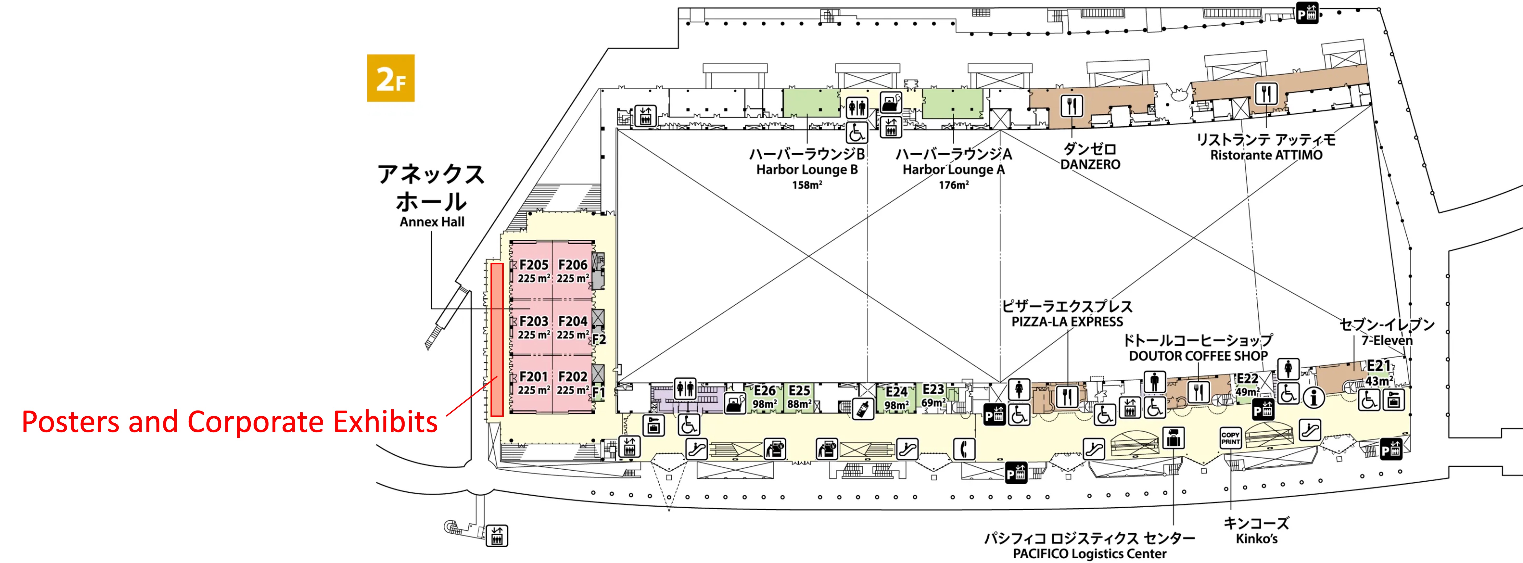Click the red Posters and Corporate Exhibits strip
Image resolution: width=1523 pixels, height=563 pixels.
(x=497, y=340)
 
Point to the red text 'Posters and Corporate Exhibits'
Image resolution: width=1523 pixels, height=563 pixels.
(x=229, y=422)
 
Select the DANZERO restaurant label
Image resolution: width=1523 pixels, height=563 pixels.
(x=1090, y=164)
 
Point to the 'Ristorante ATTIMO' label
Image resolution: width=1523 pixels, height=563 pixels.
(x=1266, y=155)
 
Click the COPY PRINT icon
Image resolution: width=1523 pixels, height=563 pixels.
(x=1230, y=438)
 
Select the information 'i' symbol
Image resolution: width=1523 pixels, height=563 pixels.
(x=1314, y=398)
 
